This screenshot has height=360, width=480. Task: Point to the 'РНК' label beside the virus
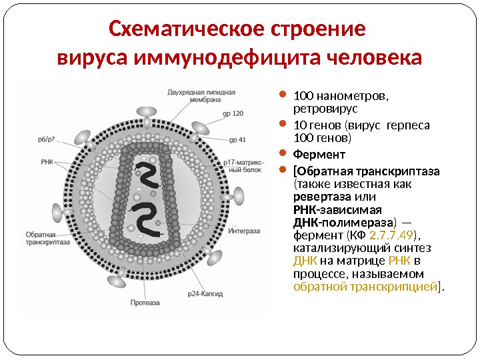pyautogui.click(x=47, y=161)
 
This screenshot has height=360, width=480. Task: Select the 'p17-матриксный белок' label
pyautogui.click(x=241, y=165)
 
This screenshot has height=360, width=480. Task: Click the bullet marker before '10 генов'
pyautogui.click(x=282, y=124)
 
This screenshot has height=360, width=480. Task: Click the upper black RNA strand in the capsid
pyautogui.click(x=149, y=172)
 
